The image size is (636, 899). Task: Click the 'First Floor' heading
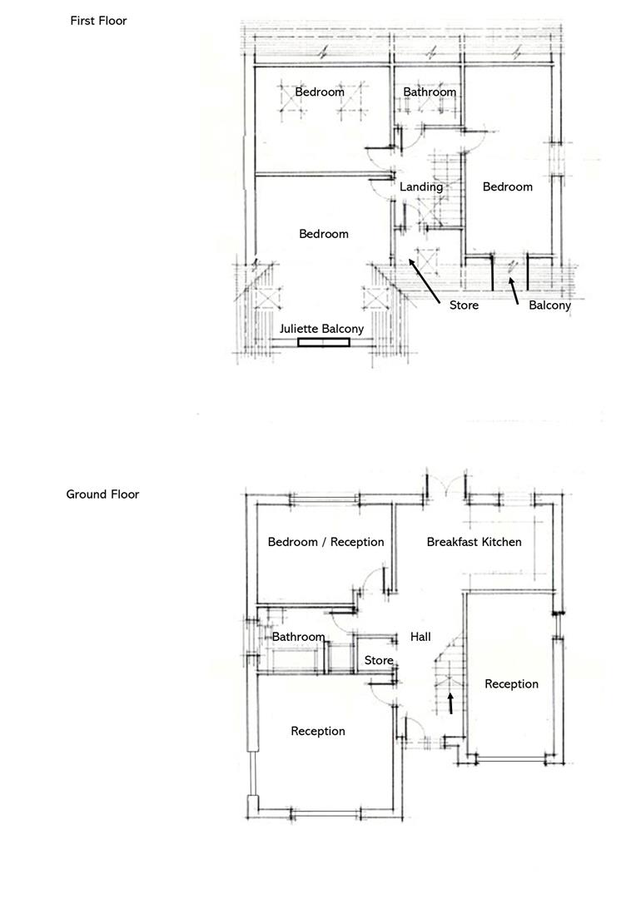pos(98,21)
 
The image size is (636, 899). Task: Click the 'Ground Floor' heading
pos(102,494)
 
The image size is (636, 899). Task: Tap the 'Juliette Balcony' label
pos(321,329)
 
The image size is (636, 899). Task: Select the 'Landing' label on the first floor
pos(420,186)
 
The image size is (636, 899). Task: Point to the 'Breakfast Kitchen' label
pos(474,542)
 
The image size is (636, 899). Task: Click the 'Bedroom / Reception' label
pos(325,542)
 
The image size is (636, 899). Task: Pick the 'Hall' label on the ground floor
pos(420,637)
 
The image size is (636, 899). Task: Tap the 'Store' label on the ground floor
pos(379,660)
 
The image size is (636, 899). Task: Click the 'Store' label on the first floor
pos(464,305)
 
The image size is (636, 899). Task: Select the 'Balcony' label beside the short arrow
pos(549,305)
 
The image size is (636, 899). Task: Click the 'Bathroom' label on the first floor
pos(430,92)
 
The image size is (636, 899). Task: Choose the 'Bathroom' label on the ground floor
pos(298,637)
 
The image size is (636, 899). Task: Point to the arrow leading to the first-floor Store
pos(424,281)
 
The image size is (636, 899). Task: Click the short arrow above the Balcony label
pos(514,290)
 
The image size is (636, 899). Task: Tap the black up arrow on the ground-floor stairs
pos(450,703)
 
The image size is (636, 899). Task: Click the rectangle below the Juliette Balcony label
pos(324,341)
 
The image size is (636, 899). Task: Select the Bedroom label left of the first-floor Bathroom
pos(319,92)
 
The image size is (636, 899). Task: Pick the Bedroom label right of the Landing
pos(507,186)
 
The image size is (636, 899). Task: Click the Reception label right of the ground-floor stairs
pos(511,684)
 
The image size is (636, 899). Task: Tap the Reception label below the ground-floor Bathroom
pos(317,731)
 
